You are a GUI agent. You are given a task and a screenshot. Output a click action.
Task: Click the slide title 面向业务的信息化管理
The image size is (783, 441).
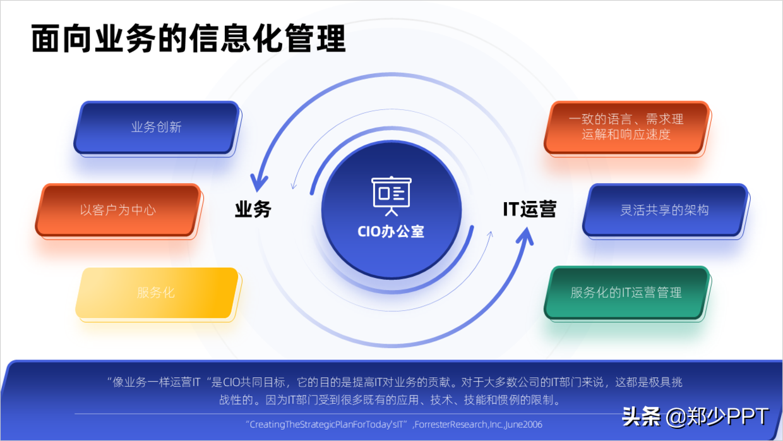coord(189,39)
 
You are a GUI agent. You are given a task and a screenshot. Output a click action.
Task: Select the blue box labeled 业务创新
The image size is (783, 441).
coord(157,128)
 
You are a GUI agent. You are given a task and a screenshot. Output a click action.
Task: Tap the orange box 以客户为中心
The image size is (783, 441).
coord(118,210)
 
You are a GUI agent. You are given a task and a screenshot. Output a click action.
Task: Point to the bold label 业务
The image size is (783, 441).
coord(253,210)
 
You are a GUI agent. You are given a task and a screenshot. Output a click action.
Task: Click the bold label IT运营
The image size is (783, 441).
coord(530,209)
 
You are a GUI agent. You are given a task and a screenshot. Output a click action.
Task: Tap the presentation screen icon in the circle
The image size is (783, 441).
coord(391,196)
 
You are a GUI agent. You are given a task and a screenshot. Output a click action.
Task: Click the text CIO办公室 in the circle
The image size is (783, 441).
coord(391,231)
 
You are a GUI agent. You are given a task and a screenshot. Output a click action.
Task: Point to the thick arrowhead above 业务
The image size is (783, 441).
coord(259,182)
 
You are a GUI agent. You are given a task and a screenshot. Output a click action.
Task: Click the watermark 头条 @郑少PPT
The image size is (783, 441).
coord(695,416)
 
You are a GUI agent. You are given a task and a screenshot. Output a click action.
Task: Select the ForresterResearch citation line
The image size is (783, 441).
coord(394,425)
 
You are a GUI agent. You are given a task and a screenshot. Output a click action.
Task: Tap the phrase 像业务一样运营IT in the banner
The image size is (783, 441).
coord(156,382)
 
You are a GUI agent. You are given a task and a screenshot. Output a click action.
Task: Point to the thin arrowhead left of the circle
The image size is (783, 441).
coord(294,185)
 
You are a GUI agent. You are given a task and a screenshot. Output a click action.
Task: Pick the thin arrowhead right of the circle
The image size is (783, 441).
coord(491,234)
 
